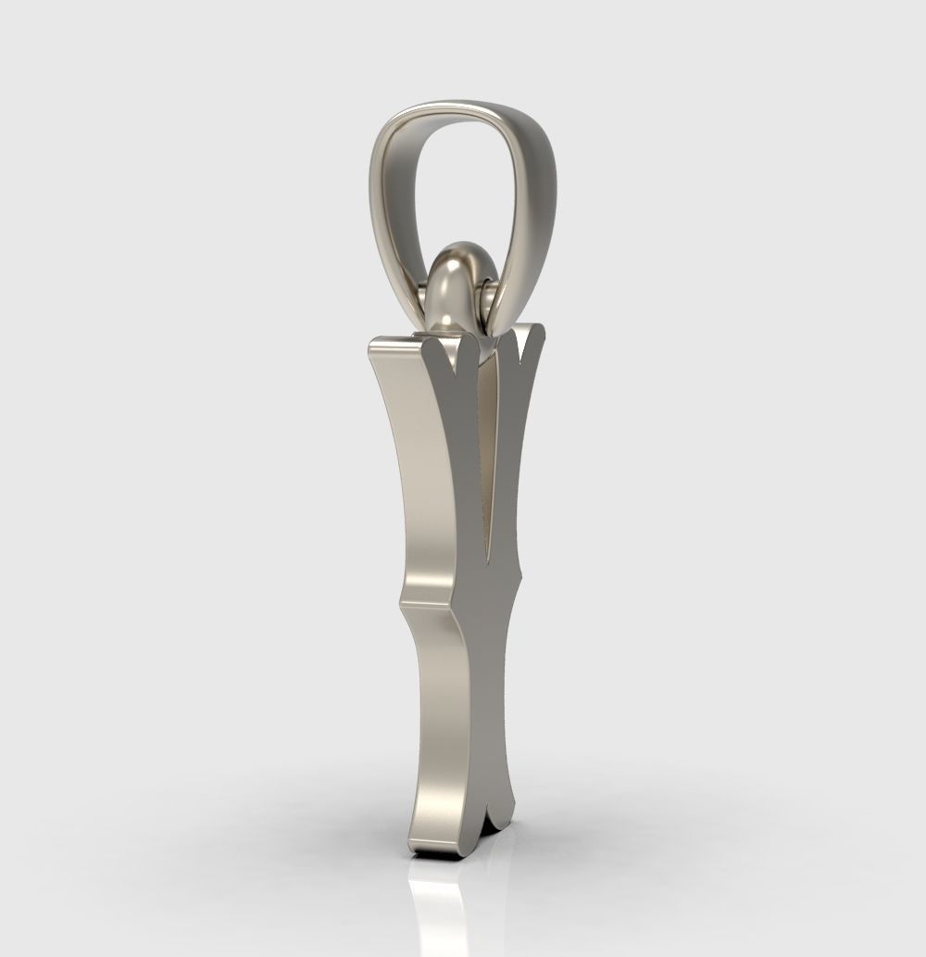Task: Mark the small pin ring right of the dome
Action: pyautogui.click(x=488, y=298)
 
